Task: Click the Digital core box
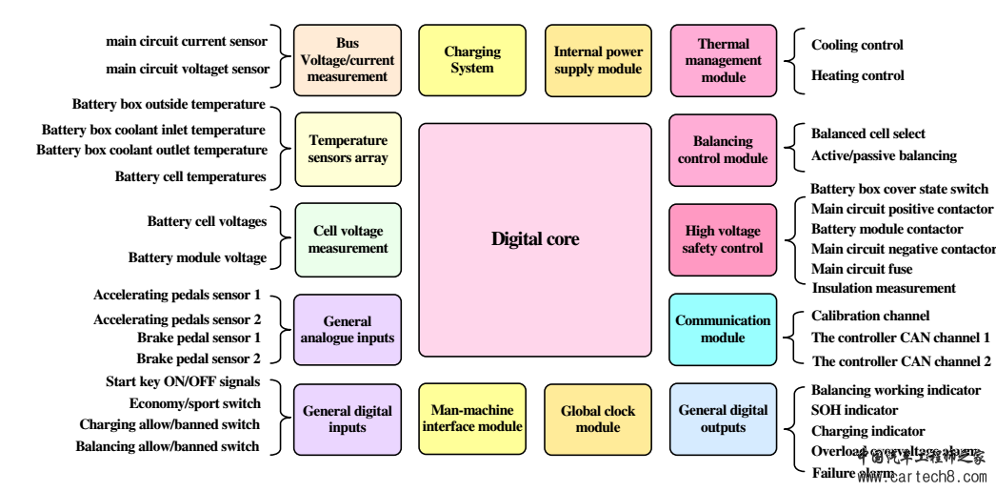(x=534, y=239)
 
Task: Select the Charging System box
(x=472, y=60)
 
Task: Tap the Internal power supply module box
(x=598, y=60)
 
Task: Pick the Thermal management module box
(x=724, y=60)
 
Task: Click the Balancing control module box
(x=724, y=150)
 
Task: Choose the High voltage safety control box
(x=724, y=239)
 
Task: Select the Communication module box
(x=724, y=329)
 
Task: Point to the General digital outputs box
(x=724, y=419)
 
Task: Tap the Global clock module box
(x=598, y=419)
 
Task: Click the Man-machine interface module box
(x=472, y=419)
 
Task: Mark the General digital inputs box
(x=348, y=419)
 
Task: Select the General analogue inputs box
(x=348, y=329)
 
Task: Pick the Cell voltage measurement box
(x=348, y=239)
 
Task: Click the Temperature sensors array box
(x=348, y=150)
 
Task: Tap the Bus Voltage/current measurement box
(x=348, y=60)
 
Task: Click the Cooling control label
(x=857, y=45)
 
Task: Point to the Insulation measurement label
(x=883, y=288)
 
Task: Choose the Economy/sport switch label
(x=194, y=403)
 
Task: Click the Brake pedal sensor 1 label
(x=198, y=338)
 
